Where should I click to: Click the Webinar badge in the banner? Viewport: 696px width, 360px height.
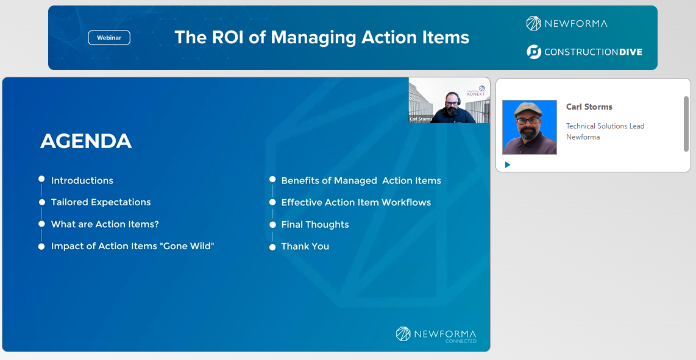109,38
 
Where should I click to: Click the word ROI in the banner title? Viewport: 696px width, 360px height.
227,37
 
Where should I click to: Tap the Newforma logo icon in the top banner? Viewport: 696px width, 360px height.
533,24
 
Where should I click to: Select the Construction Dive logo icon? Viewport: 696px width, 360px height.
534,52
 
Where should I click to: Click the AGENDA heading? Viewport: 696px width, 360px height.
86,141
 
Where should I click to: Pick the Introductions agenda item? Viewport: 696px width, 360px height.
82,181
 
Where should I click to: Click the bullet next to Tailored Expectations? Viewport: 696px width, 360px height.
41,202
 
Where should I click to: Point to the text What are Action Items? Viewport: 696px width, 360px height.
105,224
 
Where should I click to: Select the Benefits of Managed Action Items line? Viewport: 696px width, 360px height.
361,181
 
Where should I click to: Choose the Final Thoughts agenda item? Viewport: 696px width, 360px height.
315,225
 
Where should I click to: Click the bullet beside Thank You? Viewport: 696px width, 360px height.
272,247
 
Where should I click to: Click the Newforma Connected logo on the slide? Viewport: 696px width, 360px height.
436,334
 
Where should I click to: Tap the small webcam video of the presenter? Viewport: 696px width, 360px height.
449,101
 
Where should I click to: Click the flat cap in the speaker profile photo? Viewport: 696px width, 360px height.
528,109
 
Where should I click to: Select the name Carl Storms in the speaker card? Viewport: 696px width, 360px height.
589,107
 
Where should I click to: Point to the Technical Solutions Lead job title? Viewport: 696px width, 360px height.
605,126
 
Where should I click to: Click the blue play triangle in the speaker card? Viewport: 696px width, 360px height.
508,164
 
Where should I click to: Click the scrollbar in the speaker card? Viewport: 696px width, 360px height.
686,124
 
